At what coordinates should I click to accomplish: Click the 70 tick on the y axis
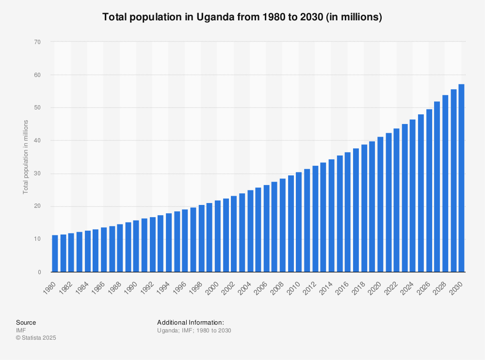tap(37, 42)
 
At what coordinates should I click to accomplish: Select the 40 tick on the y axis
tap(37, 141)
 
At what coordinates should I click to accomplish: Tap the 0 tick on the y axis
tap(39, 272)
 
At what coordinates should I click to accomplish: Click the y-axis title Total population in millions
tap(25, 157)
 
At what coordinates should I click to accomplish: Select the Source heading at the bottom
tap(26, 323)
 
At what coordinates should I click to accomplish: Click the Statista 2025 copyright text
tap(36, 338)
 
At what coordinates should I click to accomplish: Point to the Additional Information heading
tap(190, 323)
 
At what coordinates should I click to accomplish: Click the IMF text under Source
tap(21, 330)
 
